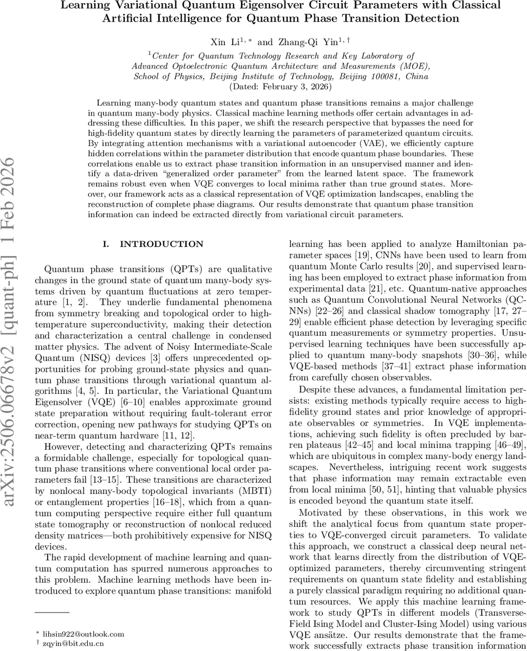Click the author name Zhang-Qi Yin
298,42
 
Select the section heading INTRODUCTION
154,244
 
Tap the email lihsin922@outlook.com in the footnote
82,634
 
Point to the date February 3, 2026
297,87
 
